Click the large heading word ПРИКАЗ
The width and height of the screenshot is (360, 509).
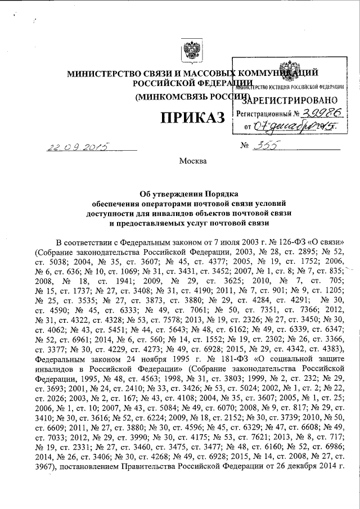click(193, 119)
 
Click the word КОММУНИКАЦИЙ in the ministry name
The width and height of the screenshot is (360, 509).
click(279, 73)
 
